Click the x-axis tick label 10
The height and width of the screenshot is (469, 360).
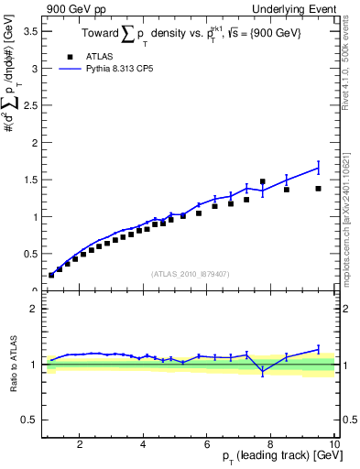(334, 443)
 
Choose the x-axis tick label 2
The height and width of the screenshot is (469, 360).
(80, 443)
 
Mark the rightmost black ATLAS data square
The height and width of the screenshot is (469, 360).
(318, 189)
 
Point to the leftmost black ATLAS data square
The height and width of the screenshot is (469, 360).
(51, 275)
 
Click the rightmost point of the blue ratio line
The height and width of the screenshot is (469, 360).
(318, 349)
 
